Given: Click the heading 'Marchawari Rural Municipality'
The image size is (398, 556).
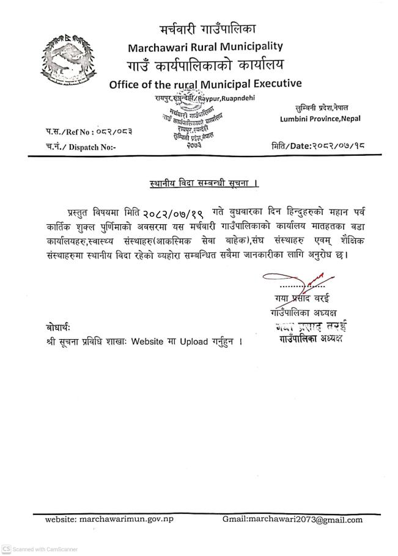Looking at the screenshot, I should tap(205, 46).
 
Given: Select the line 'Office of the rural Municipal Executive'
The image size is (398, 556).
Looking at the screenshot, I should tap(205, 84).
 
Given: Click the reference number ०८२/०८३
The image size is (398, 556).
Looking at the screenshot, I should tap(114, 131).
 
